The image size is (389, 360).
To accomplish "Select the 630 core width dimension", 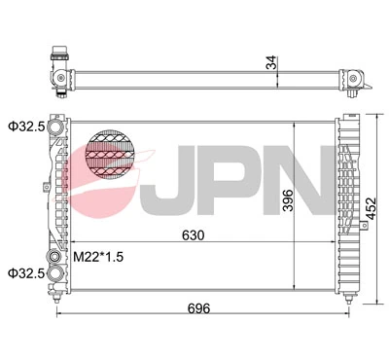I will (x=194, y=234).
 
